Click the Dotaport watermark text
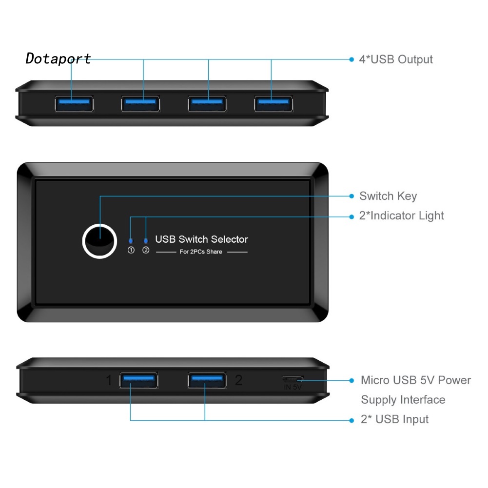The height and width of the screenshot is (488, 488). [x=58, y=59]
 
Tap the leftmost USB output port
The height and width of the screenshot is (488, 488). [x=73, y=103]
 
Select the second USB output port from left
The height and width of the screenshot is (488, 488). [x=140, y=103]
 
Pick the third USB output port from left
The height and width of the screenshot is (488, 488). [x=207, y=103]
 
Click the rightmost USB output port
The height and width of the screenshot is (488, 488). [x=273, y=103]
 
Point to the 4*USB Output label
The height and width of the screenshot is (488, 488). [x=396, y=59]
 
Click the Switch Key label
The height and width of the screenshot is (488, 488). [x=388, y=196]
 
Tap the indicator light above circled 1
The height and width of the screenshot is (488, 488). [x=130, y=241]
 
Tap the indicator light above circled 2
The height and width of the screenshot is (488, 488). [x=146, y=241]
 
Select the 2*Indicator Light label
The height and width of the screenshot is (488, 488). [x=402, y=215]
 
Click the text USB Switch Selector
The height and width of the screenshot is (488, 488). [x=201, y=239]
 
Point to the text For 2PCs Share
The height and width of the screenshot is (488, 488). [x=201, y=252]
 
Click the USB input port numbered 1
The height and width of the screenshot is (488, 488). [x=138, y=380]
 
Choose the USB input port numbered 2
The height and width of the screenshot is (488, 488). [x=207, y=380]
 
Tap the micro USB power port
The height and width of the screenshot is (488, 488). [x=293, y=379]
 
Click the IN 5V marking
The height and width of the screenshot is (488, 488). [x=293, y=388]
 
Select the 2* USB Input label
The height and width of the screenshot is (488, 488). [x=394, y=419]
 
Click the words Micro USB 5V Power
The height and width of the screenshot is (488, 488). [x=416, y=380]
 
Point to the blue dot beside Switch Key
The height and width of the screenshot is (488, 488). [x=351, y=196]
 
